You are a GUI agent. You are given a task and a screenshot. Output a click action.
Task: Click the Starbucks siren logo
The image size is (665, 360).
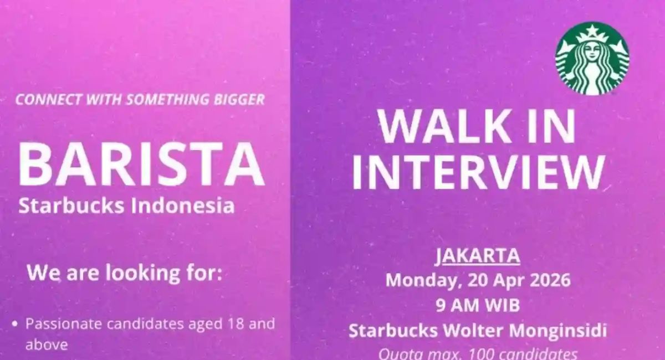tap(592, 58)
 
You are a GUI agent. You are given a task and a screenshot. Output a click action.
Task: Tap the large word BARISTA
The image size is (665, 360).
tap(141, 165)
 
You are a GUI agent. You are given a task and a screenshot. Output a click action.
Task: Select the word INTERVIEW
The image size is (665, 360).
tap(477, 172)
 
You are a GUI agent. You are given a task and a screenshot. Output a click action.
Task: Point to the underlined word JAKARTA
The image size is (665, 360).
tap(477, 256)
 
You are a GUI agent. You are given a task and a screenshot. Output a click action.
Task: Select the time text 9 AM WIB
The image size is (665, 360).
tap(477, 305)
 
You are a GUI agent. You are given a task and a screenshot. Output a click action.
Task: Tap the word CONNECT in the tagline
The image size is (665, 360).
tap(42, 100)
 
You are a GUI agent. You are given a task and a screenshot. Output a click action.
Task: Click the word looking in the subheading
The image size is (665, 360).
tap(129, 274)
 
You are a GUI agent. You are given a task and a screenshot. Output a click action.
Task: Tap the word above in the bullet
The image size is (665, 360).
tap(47, 344)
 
